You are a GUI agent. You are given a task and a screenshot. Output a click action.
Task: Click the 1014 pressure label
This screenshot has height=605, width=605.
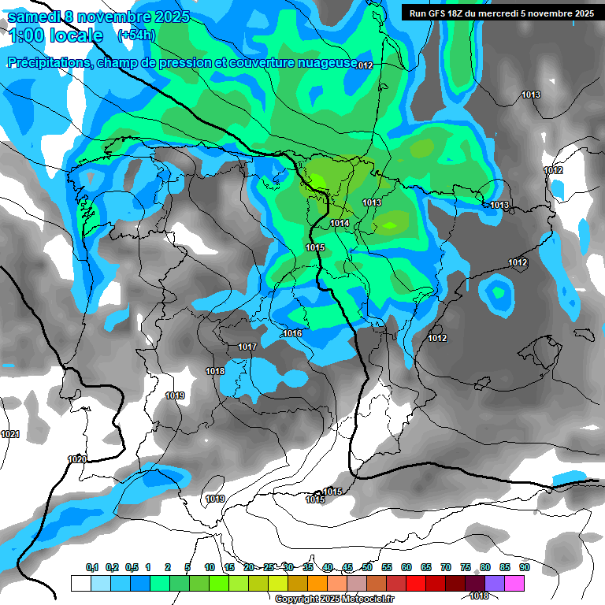pos(340,224)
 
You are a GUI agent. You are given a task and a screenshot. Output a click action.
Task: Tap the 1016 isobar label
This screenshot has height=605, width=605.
pos(292,334)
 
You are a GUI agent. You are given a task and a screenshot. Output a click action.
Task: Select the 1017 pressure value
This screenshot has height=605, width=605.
pos(247,347)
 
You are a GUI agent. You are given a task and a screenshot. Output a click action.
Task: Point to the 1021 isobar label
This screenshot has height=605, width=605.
pos(10,435)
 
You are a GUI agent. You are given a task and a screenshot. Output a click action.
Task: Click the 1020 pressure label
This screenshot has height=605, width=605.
pos(77,459)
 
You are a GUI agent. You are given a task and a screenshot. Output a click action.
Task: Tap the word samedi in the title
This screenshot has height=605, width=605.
pos(36,16)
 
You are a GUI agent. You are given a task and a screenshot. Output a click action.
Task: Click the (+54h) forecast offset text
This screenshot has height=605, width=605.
pos(136,35)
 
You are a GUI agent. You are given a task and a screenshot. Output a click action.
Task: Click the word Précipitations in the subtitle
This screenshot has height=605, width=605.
pos(49,62)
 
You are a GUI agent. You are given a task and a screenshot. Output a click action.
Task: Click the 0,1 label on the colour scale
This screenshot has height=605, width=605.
pos(92,568)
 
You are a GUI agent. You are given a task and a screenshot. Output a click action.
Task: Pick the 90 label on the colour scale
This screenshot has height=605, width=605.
pos(524,568)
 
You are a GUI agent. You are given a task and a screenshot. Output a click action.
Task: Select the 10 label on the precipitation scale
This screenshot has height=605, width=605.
pos(210,568)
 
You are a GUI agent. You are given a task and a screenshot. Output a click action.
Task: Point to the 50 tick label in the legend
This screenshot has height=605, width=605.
pos(367,568)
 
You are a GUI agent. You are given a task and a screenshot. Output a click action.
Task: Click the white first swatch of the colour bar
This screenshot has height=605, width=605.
pos(80,583)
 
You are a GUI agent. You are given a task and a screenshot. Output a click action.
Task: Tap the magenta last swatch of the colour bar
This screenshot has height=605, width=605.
pos(514,583)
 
